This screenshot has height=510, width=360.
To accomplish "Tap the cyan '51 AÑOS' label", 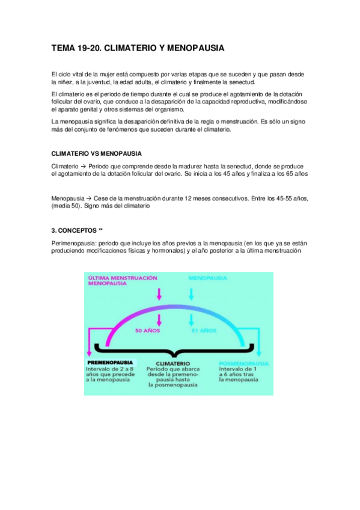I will (204, 330).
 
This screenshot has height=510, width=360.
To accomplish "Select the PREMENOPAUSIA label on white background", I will (111, 363).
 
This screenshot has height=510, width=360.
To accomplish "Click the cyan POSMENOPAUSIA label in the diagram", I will (243, 364).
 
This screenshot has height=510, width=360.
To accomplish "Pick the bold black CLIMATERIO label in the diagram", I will (173, 364).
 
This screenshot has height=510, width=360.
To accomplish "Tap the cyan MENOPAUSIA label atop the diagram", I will (208, 278).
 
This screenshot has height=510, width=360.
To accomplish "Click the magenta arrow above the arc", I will (159, 293).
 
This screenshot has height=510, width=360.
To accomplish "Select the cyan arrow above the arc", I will (191, 293).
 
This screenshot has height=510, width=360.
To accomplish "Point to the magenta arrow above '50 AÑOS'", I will (159, 318).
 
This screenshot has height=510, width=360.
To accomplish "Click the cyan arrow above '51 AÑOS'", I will (191, 318).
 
